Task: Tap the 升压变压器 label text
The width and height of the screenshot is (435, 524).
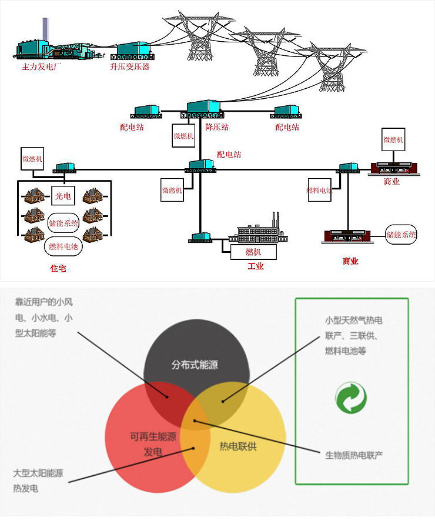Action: tap(130, 67)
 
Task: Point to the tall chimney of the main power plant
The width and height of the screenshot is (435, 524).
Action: tap(45, 33)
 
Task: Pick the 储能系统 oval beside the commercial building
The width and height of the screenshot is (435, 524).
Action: tap(401, 234)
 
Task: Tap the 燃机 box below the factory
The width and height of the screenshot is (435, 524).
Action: tap(253, 252)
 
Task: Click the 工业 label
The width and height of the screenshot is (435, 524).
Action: tap(256, 266)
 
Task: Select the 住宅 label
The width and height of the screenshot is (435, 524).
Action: tap(59, 268)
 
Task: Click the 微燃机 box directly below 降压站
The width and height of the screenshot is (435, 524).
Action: tap(183, 135)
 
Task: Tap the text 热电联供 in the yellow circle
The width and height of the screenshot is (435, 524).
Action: tap(238, 446)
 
